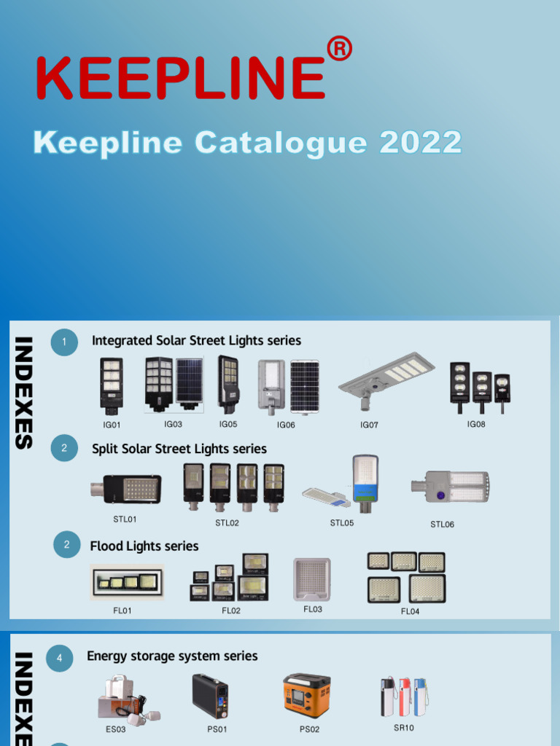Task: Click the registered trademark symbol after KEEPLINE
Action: click(x=339, y=50)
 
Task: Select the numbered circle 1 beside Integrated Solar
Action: click(x=64, y=342)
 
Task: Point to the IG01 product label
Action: click(x=112, y=425)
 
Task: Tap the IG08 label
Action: click(x=476, y=423)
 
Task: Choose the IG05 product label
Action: click(x=228, y=423)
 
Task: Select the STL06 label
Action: click(x=442, y=524)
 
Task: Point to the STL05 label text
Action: click(x=341, y=522)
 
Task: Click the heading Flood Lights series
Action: click(x=144, y=546)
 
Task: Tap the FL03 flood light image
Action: click(x=312, y=580)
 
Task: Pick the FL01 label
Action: click(x=122, y=610)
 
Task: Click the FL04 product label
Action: click(x=410, y=611)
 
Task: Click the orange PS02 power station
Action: click(x=306, y=696)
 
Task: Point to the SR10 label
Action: click(x=403, y=727)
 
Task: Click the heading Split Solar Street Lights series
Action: click(x=179, y=449)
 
